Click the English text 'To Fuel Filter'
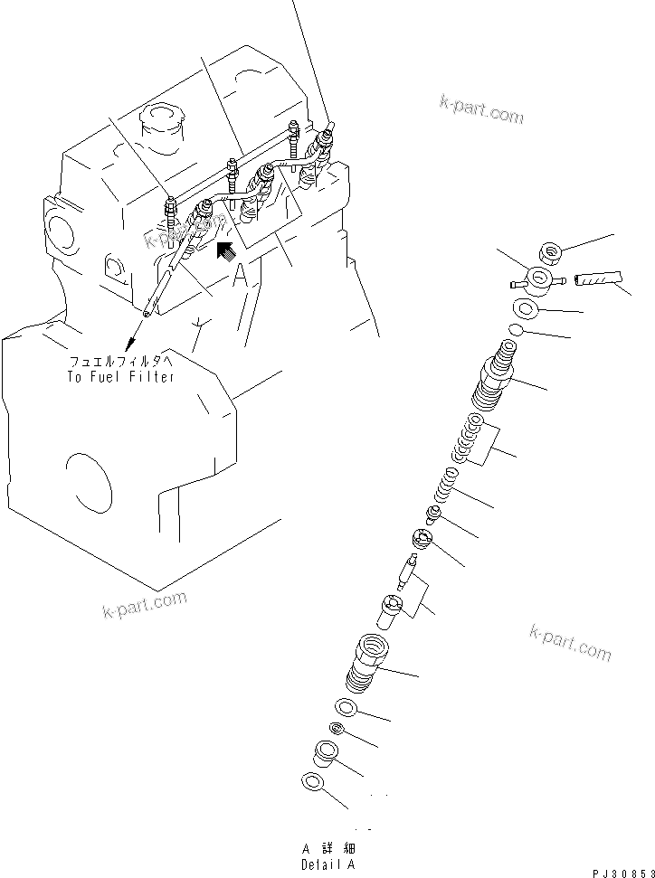tap(120, 376)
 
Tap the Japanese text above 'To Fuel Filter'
tap(120, 361)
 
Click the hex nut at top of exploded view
tap(549, 252)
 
